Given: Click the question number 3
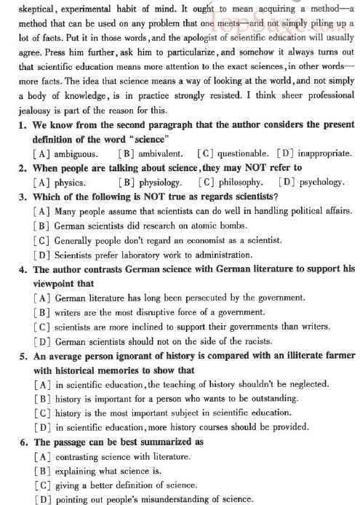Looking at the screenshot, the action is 23,197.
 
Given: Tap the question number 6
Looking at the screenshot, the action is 23,442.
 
